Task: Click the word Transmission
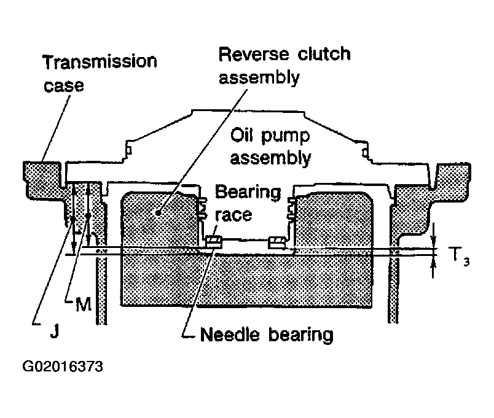click(x=100, y=62)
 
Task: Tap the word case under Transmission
click(x=64, y=85)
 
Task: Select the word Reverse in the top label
click(x=254, y=54)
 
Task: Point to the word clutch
click(x=324, y=53)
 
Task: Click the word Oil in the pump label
click(x=242, y=136)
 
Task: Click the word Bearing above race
click(x=248, y=192)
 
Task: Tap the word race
click(x=233, y=215)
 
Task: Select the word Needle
click(x=230, y=334)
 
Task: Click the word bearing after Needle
click(x=301, y=335)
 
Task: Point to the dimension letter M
click(x=84, y=304)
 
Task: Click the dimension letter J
click(x=55, y=330)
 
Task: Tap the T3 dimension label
click(x=459, y=256)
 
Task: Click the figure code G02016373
click(x=63, y=366)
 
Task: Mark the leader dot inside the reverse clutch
click(x=159, y=213)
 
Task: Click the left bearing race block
click(x=214, y=241)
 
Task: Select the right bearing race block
click(x=277, y=242)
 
